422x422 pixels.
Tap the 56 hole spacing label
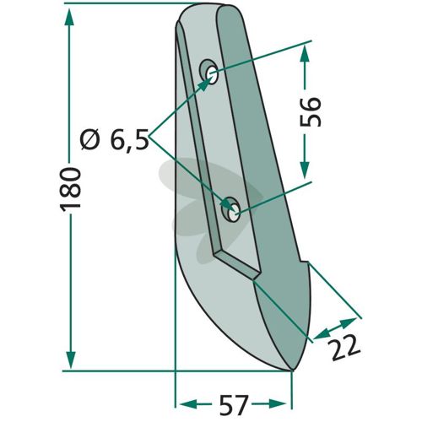pos(311,112)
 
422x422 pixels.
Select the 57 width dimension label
pos(233,405)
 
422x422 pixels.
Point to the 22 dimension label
pos(345,348)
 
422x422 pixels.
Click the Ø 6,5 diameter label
pos(114,140)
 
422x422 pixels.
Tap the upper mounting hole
pos(212,75)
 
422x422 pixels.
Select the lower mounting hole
pos(234,214)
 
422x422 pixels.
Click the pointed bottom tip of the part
pos(292,370)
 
